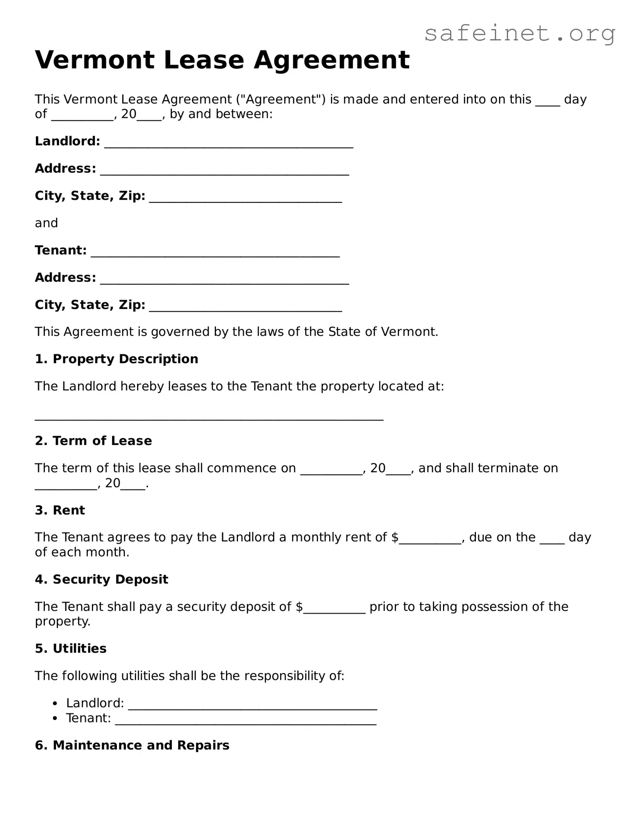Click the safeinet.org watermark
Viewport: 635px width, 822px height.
coord(520,34)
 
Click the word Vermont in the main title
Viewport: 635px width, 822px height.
coord(95,60)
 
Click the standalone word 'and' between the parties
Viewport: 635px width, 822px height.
coord(46,223)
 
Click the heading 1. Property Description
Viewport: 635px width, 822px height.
coord(116,359)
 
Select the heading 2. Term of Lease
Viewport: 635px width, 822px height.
coord(93,441)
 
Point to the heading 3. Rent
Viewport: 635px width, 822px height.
coord(60,510)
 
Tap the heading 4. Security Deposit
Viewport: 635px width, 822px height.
coord(101,579)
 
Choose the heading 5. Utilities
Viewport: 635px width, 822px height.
coord(71,648)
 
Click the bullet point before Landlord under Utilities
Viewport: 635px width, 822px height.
coord(56,703)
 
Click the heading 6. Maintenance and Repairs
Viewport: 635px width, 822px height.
coord(132,745)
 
